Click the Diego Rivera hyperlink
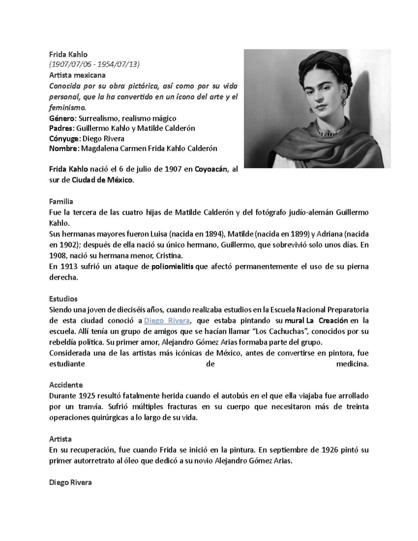click(x=167, y=320)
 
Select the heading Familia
click(x=61, y=201)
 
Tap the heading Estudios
click(x=63, y=299)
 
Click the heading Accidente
click(x=66, y=385)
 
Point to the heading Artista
click(x=60, y=439)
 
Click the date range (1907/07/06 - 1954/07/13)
click(x=94, y=64)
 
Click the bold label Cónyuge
click(x=64, y=138)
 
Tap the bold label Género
click(x=63, y=118)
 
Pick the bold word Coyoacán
click(x=211, y=169)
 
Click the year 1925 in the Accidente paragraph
click(x=87, y=396)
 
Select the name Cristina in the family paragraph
click(x=168, y=256)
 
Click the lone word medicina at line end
click(x=352, y=364)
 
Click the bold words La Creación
click(x=327, y=320)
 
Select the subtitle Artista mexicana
click(x=77, y=75)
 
